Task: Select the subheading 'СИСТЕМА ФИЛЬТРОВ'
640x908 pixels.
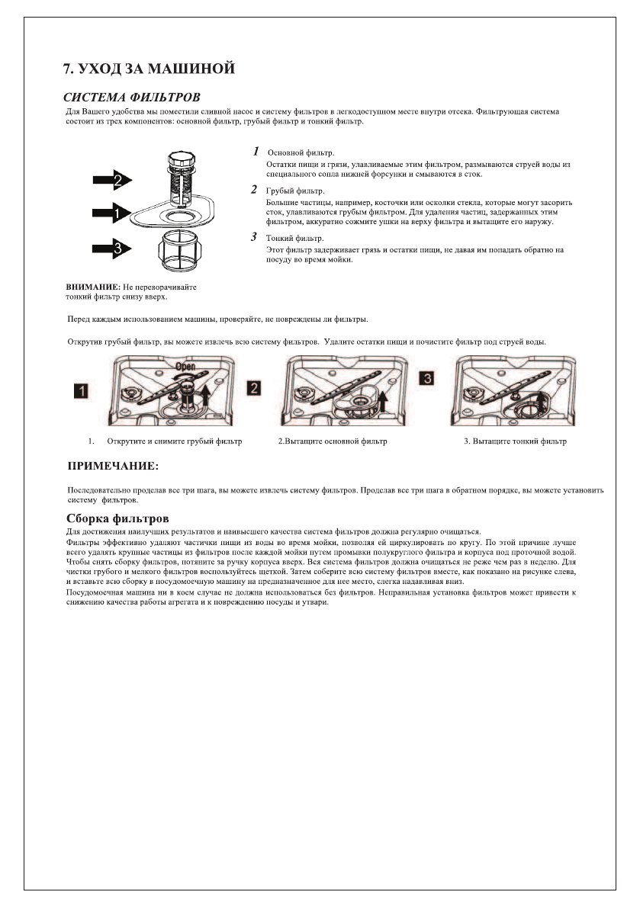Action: click(132, 98)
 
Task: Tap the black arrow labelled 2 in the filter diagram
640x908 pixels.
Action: click(112, 180)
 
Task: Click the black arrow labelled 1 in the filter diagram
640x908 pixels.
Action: click(112, 214)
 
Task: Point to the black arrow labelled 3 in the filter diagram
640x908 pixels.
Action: click(112, 247)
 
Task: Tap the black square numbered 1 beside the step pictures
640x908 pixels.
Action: click(81, 390)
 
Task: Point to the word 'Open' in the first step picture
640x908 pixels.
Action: click(185, 366)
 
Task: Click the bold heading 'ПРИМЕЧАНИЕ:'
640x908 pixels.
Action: click(114, 465)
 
